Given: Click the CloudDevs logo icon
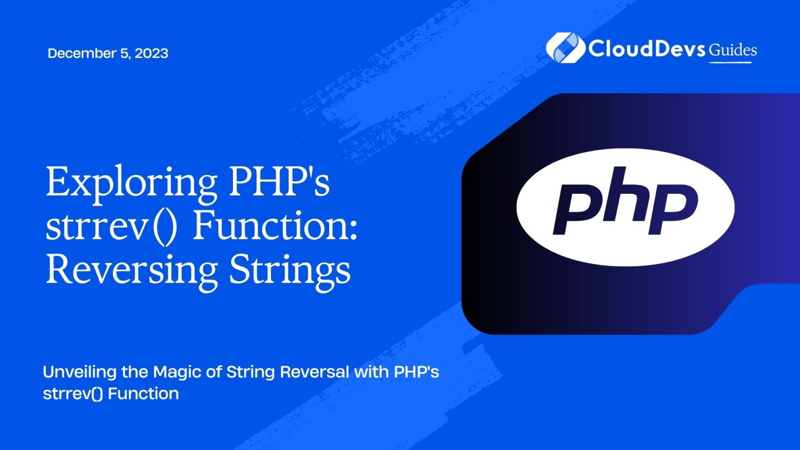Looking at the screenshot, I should [x=563, y=47].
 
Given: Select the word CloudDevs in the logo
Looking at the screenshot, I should [x=646, y=48].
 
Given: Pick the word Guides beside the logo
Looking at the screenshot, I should [x=732, y=50].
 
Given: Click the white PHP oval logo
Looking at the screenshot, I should [x=625, y=207].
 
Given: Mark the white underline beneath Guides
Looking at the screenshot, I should [x=731, y=63].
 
